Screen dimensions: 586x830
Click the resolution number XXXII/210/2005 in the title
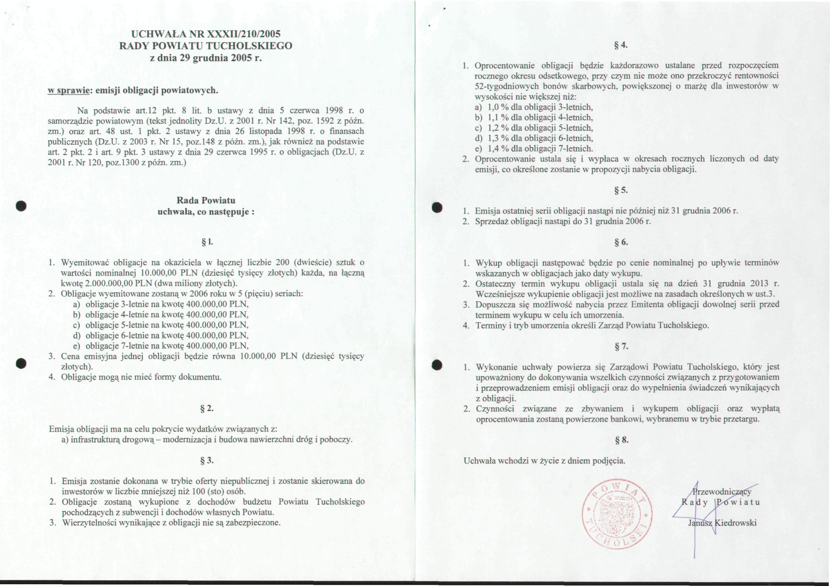pos(243,34)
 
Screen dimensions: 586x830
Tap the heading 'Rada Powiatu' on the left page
pos(206,201)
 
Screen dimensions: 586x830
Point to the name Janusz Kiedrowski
pos(722,523)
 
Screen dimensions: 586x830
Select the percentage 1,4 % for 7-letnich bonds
pos(498,148)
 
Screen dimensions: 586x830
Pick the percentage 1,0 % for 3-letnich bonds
pos(498,107)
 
